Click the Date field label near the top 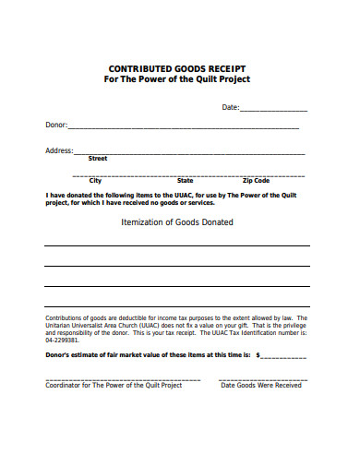(231, 108)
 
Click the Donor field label (55, 125)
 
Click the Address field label (59, 149)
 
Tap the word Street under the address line (97, 159)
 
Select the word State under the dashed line (185, 181)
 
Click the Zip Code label (256, 181)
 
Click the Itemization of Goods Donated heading (177, 222)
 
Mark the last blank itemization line (176, 305)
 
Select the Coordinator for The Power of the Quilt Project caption (114, 386)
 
